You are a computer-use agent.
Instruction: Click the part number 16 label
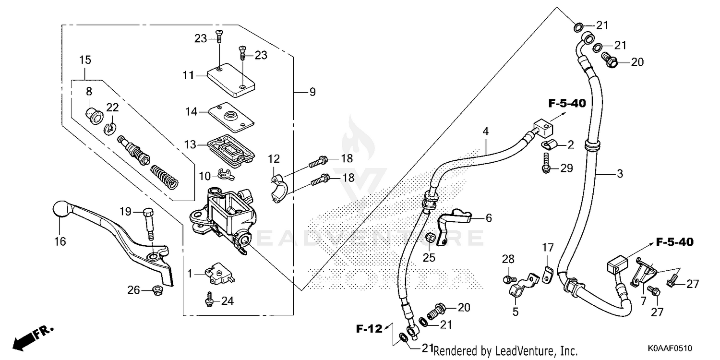coord(60,241)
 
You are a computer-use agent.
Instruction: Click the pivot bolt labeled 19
coord(150,224)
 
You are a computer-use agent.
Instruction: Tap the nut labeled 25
coord(431,238)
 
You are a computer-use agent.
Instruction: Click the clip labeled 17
coord(547,274)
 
